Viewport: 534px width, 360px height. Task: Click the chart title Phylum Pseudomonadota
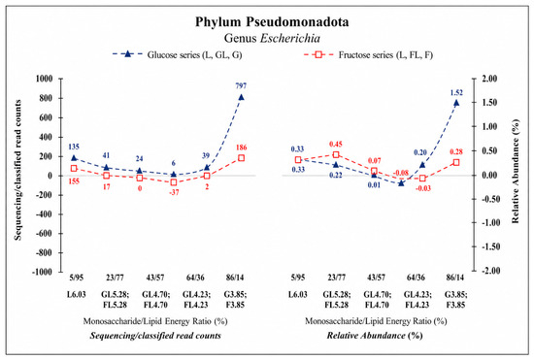(x=272, y=22)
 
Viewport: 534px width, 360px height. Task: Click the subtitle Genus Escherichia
(x=272, y=38)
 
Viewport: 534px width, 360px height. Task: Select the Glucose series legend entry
(x=177, y=54)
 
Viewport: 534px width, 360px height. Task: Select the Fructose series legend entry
(x=368, y=54)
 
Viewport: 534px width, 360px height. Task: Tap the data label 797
(x=241, y=85)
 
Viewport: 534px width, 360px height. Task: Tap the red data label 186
(x=241, y=147)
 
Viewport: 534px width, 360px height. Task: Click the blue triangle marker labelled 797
(x=241, y=97)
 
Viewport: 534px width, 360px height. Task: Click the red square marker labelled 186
(x=241, y=158)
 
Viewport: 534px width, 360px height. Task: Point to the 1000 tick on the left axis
(x=45, y=79)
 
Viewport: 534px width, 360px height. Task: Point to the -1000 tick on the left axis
(x=43, y=272)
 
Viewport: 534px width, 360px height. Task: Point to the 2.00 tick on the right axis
(x=489, y=79)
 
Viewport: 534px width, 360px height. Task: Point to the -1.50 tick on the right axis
(x=489, y=246)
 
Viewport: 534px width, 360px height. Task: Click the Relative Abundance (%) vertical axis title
(x=516, y=171)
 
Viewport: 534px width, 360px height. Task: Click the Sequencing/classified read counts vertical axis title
(x=17, y=170)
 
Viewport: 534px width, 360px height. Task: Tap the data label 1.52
(x=456, y=92)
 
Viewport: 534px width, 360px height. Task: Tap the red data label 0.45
(x=336, y=144)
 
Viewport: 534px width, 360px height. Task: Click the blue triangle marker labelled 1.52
(x=456, y=103)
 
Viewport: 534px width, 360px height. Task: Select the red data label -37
(x=174, y=192)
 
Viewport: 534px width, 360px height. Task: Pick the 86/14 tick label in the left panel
(x=235, y=278)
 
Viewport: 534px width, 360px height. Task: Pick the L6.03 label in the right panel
(x=298, y=294)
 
